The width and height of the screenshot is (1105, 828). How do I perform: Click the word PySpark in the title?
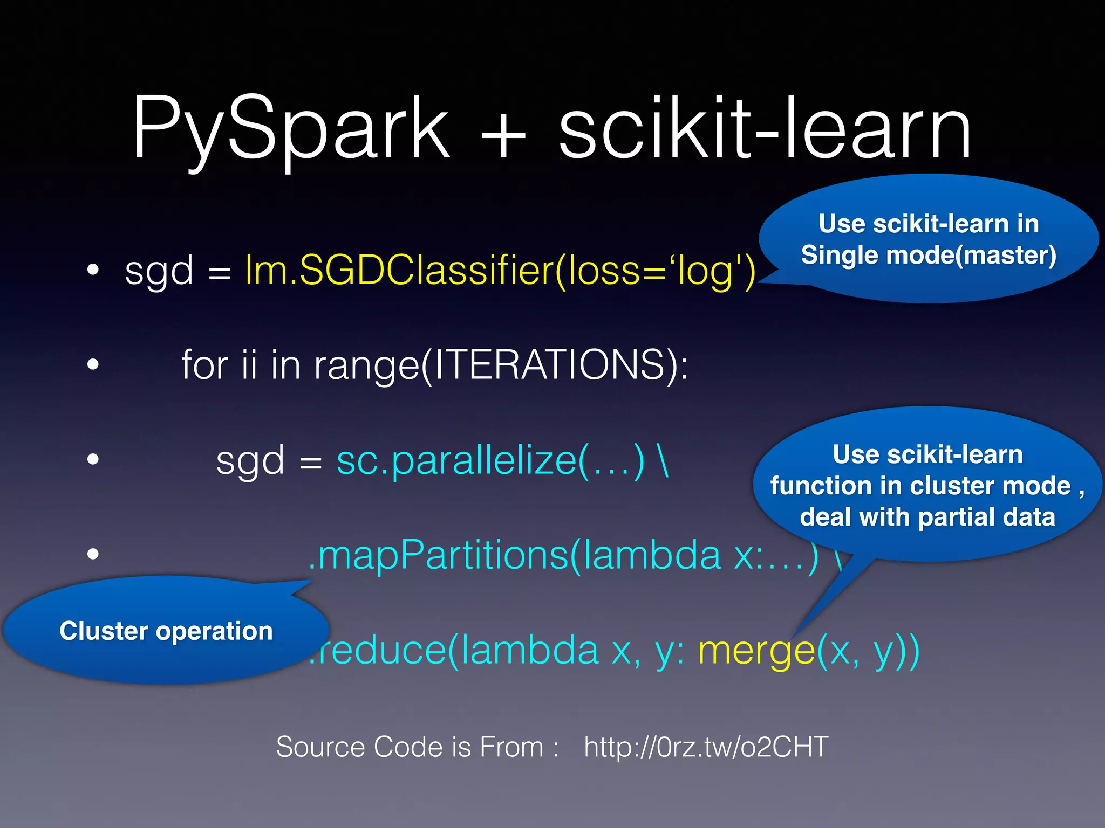click(290, 129)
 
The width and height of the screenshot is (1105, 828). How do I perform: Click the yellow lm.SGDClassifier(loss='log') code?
click(500, 271)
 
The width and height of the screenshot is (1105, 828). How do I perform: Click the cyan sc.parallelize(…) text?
click(490, 461)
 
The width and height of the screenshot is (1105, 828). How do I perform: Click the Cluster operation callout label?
click(166, 631)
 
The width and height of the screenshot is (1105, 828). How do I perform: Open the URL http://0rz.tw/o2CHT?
click(706, 747)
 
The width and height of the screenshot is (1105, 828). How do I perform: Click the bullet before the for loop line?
click(93, 365)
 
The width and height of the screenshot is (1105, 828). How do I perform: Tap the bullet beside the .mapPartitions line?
click(93, 554)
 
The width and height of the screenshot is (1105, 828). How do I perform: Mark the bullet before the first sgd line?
click(93, 270)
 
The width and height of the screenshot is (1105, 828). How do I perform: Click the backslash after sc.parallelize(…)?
click(663, 461)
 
